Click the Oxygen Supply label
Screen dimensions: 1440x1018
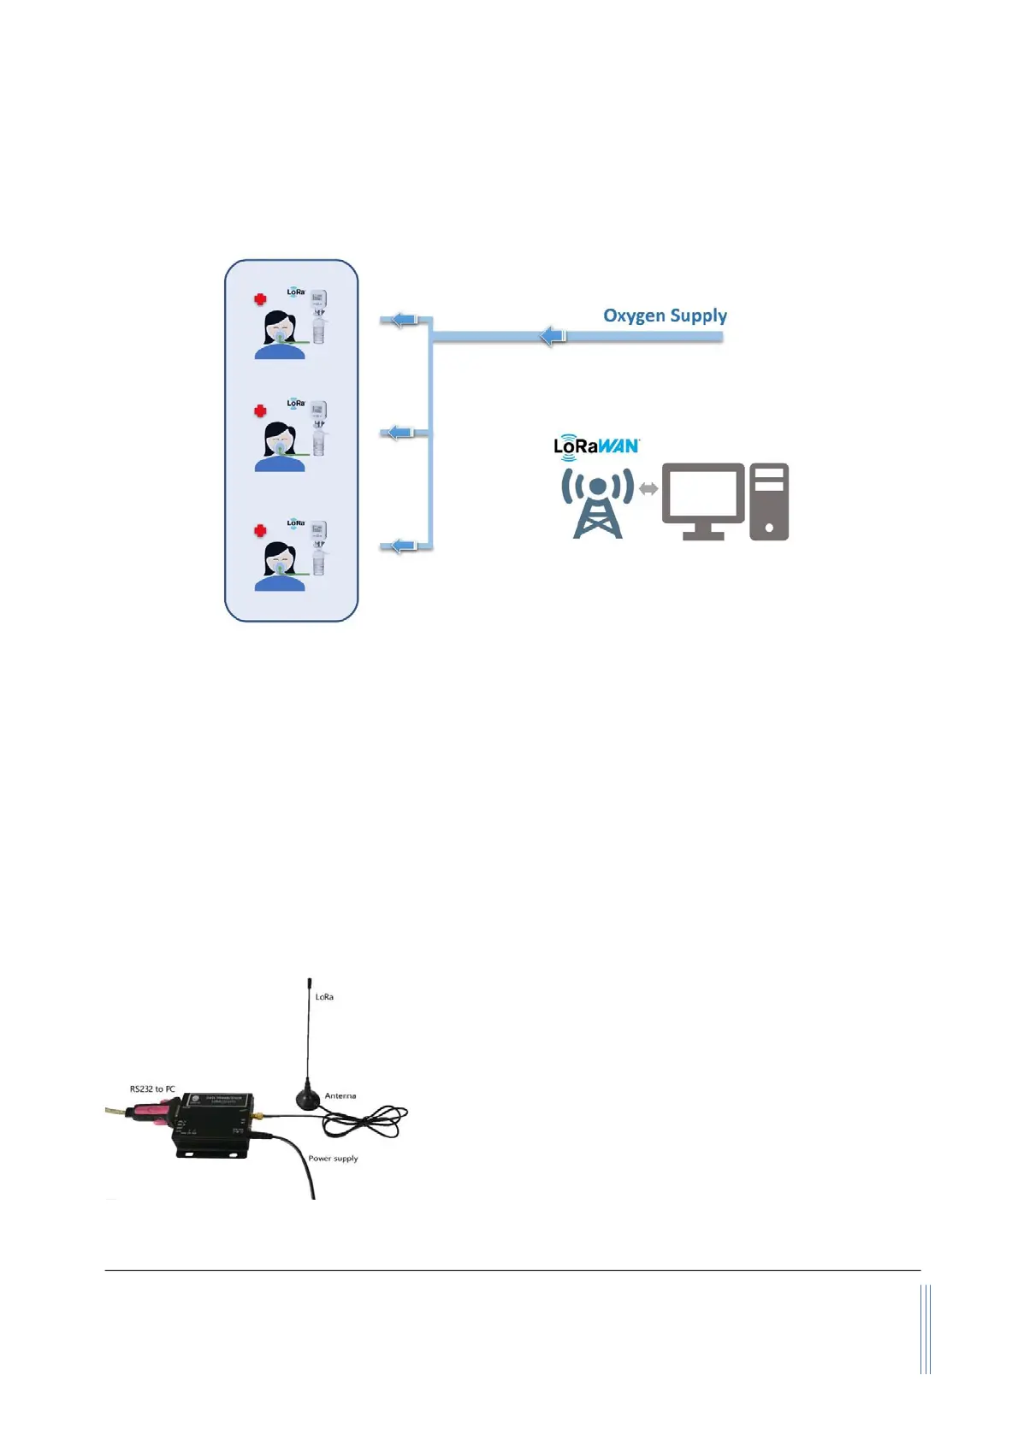point(665,316)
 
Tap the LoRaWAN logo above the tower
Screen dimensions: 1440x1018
point(596,446)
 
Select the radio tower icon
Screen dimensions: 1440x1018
point(598,504)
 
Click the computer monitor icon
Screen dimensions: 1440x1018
point(703,499)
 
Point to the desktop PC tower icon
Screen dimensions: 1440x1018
point(768,502)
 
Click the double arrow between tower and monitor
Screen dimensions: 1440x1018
point(648,490)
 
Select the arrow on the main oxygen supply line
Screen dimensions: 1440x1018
point(553,335)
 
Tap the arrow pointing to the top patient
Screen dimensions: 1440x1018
point(403,320)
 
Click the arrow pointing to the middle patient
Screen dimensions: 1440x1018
point(400,433)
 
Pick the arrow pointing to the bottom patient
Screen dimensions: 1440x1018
point(402,546)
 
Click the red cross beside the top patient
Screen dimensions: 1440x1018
point(260,299)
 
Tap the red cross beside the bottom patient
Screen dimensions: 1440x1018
point(260,531)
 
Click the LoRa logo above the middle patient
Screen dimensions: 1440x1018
point(296,403)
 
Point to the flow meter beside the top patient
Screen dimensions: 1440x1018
point(318,316)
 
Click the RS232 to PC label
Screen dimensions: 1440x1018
point(152,1089)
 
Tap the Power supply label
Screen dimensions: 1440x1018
point(333,1159)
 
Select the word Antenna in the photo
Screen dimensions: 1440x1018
point(340,1095)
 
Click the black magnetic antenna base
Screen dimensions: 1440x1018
point(309,1100)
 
